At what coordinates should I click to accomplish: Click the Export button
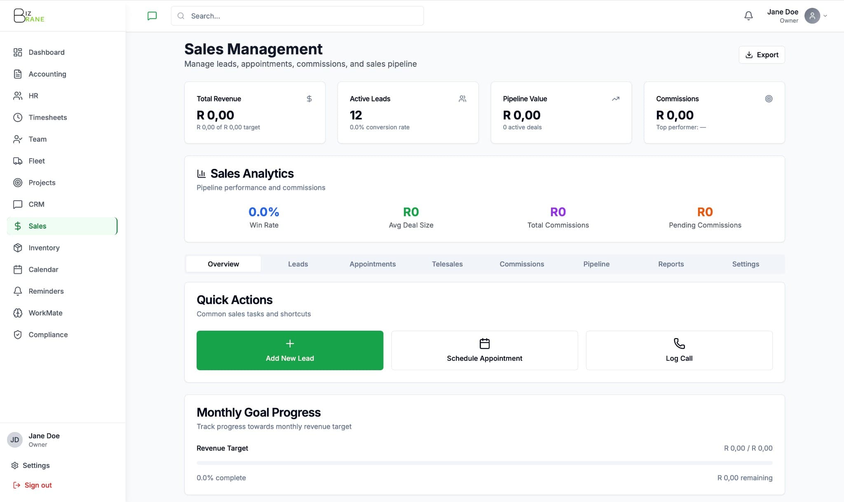(762, 55)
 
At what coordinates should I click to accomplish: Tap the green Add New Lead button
(290, 350)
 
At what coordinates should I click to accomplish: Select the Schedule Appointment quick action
(484, 350)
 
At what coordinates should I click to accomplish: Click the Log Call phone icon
(679, 343)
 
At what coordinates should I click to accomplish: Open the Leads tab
(298, 264)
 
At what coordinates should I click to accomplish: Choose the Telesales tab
(447, 264)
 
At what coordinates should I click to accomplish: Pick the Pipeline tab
(596, 264)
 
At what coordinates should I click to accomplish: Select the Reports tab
(671, 264)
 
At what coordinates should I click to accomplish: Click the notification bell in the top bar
(748, 16)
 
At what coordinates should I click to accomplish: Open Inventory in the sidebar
(44, 247)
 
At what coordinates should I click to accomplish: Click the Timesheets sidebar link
(48, 117)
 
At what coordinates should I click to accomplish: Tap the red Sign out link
(38, 485)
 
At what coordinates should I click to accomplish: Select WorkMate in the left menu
(45, 313)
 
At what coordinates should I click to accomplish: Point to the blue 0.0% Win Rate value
(264, 212)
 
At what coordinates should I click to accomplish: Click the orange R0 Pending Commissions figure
(705, 212)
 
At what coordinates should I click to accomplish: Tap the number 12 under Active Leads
(356, 115)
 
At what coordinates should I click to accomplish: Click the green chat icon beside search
(152, 16)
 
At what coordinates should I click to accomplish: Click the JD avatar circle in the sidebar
(15, 440)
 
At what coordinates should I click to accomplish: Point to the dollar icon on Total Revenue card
(309, 99)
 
